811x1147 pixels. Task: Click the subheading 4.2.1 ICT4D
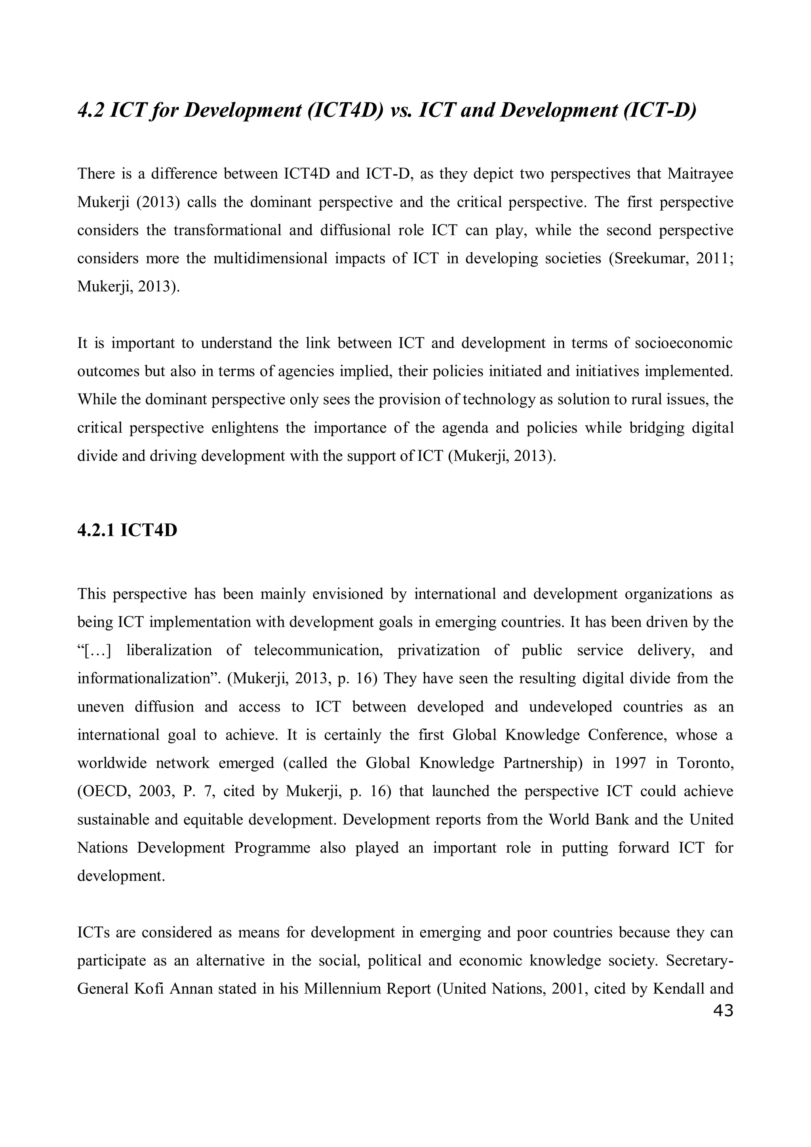(127, 531)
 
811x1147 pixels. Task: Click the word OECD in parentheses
(102, 791)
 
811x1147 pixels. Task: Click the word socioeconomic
(683, 343)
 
